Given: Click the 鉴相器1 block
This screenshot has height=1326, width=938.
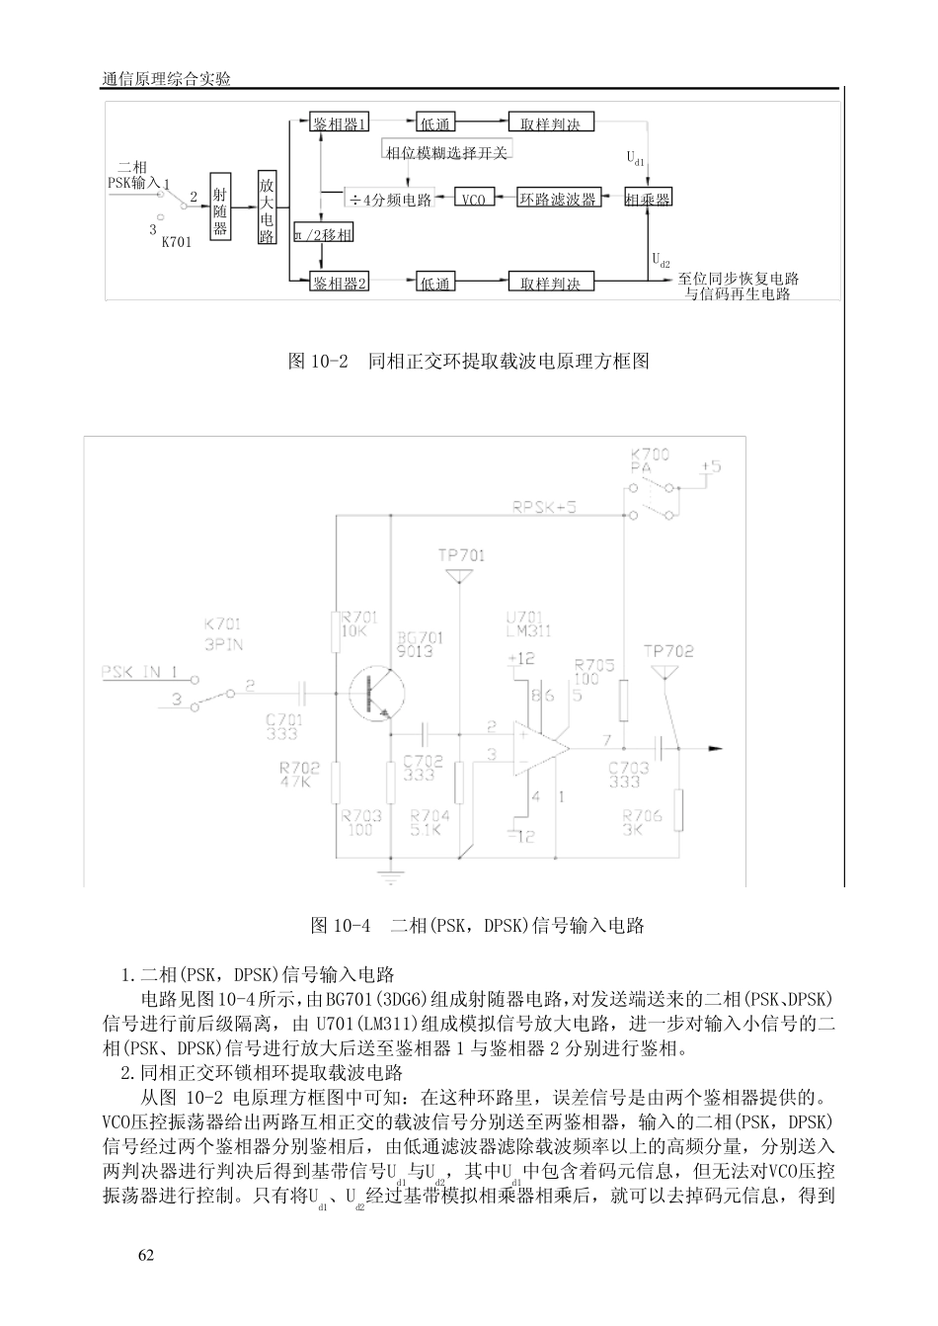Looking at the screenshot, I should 341,124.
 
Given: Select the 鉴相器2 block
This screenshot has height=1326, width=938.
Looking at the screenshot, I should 341,283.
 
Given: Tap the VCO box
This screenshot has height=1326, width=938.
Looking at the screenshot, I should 474,199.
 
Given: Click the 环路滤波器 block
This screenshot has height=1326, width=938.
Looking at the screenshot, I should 559,199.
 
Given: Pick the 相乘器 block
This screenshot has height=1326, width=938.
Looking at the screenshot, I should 649,199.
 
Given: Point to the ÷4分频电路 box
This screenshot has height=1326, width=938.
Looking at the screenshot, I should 391,199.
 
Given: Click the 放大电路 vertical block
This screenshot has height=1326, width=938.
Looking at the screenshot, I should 267,208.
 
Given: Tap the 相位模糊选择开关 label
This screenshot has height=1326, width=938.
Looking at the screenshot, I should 446,152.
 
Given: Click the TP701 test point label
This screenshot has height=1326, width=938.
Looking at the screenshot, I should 461,555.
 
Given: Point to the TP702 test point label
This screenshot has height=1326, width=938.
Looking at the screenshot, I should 668,651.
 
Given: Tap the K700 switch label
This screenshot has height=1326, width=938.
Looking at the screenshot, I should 650,455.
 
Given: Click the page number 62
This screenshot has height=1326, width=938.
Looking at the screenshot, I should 146,1255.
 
